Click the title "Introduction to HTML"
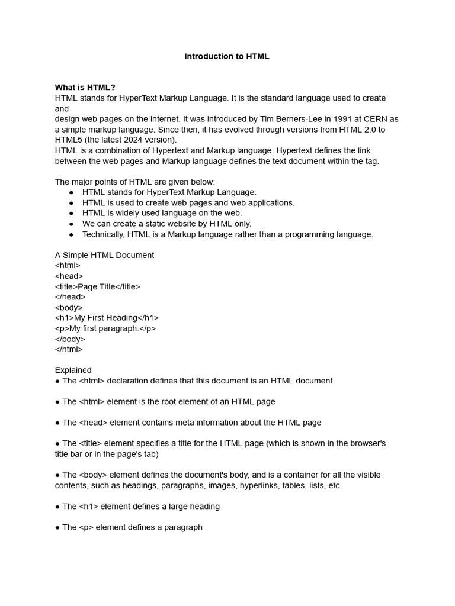[227, 57]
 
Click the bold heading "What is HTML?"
[85, 88]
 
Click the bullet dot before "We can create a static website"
[71, 224]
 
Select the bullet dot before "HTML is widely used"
[71, 213]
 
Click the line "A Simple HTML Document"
[104, 255]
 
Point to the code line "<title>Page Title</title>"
[98, 286]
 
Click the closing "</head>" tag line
[70, 297]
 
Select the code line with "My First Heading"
[107, 318]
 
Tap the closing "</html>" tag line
[69, 349]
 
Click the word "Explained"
[73, 370]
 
